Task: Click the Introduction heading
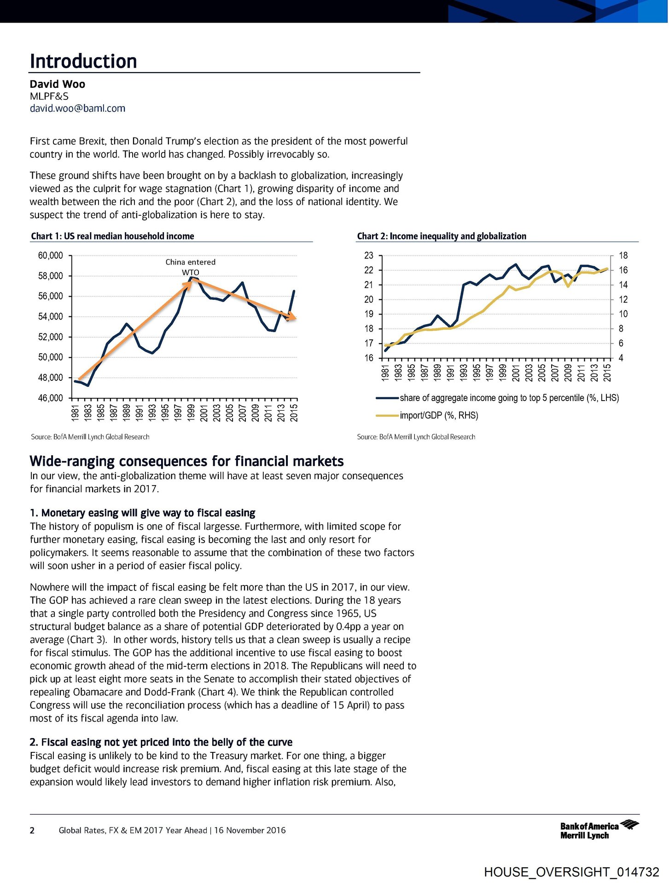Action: (83, 62)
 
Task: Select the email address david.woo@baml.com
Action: (77, 109)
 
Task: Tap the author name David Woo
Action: (58, 84)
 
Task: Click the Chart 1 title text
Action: (112, 236)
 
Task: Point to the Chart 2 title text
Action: (441, 236)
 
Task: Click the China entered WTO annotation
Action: (190, 267)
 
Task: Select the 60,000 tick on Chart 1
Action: (50, 256)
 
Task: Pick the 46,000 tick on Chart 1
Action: (50, 398)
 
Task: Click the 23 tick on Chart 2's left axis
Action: (369, 256)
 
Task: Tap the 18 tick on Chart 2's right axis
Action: (623, 256)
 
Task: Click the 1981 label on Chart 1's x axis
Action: (76, 413)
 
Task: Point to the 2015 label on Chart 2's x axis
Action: (607, 373)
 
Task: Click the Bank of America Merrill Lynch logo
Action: (599, 830)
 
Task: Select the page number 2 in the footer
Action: (32, 831)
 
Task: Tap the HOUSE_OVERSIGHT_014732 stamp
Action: (571, 872)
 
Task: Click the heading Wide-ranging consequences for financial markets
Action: (186, 461)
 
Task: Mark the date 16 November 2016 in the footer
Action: (250, 831)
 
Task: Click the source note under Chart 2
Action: (416, 437)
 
